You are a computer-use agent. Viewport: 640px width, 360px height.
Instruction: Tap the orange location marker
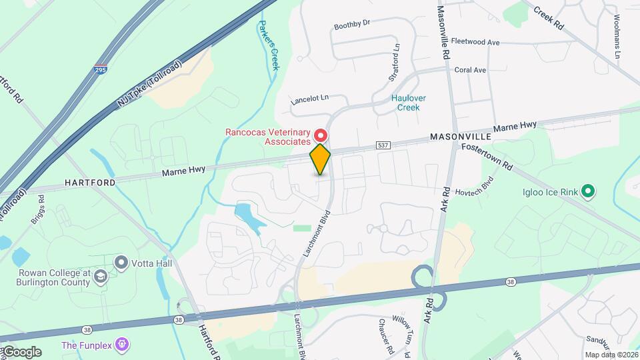point(321,159)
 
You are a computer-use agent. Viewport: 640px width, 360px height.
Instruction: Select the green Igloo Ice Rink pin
point(587,192)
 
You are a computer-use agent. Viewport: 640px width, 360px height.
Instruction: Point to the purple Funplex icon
point(121,345)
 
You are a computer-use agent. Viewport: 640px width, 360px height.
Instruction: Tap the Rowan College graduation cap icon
point(99,276)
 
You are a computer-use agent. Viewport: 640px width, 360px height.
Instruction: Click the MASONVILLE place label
point(460,136)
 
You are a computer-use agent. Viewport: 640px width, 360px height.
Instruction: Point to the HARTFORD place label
point(90,182)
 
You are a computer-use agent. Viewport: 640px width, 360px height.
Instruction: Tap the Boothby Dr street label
point(351,24)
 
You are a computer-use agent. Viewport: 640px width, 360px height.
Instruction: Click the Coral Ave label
point(470,69)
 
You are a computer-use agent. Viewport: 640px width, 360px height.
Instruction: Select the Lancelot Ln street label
point(310,99)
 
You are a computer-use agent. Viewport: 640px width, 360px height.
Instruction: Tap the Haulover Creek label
point(408,103)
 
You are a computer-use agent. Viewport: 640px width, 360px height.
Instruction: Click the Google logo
point(21,352)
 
